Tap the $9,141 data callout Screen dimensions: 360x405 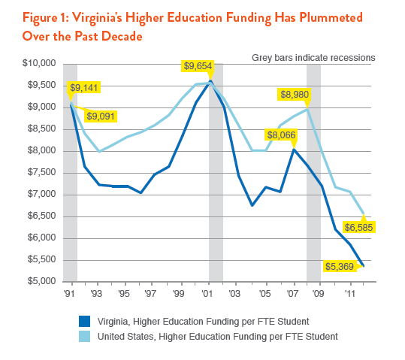click(x=83, y=88)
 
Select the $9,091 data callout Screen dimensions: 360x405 click(x=101, y=116)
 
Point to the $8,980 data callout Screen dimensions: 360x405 click(x=294, y=94)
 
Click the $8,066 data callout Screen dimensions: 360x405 click(x=280, y=135)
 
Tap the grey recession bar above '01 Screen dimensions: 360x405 click(x=216, y=188)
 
